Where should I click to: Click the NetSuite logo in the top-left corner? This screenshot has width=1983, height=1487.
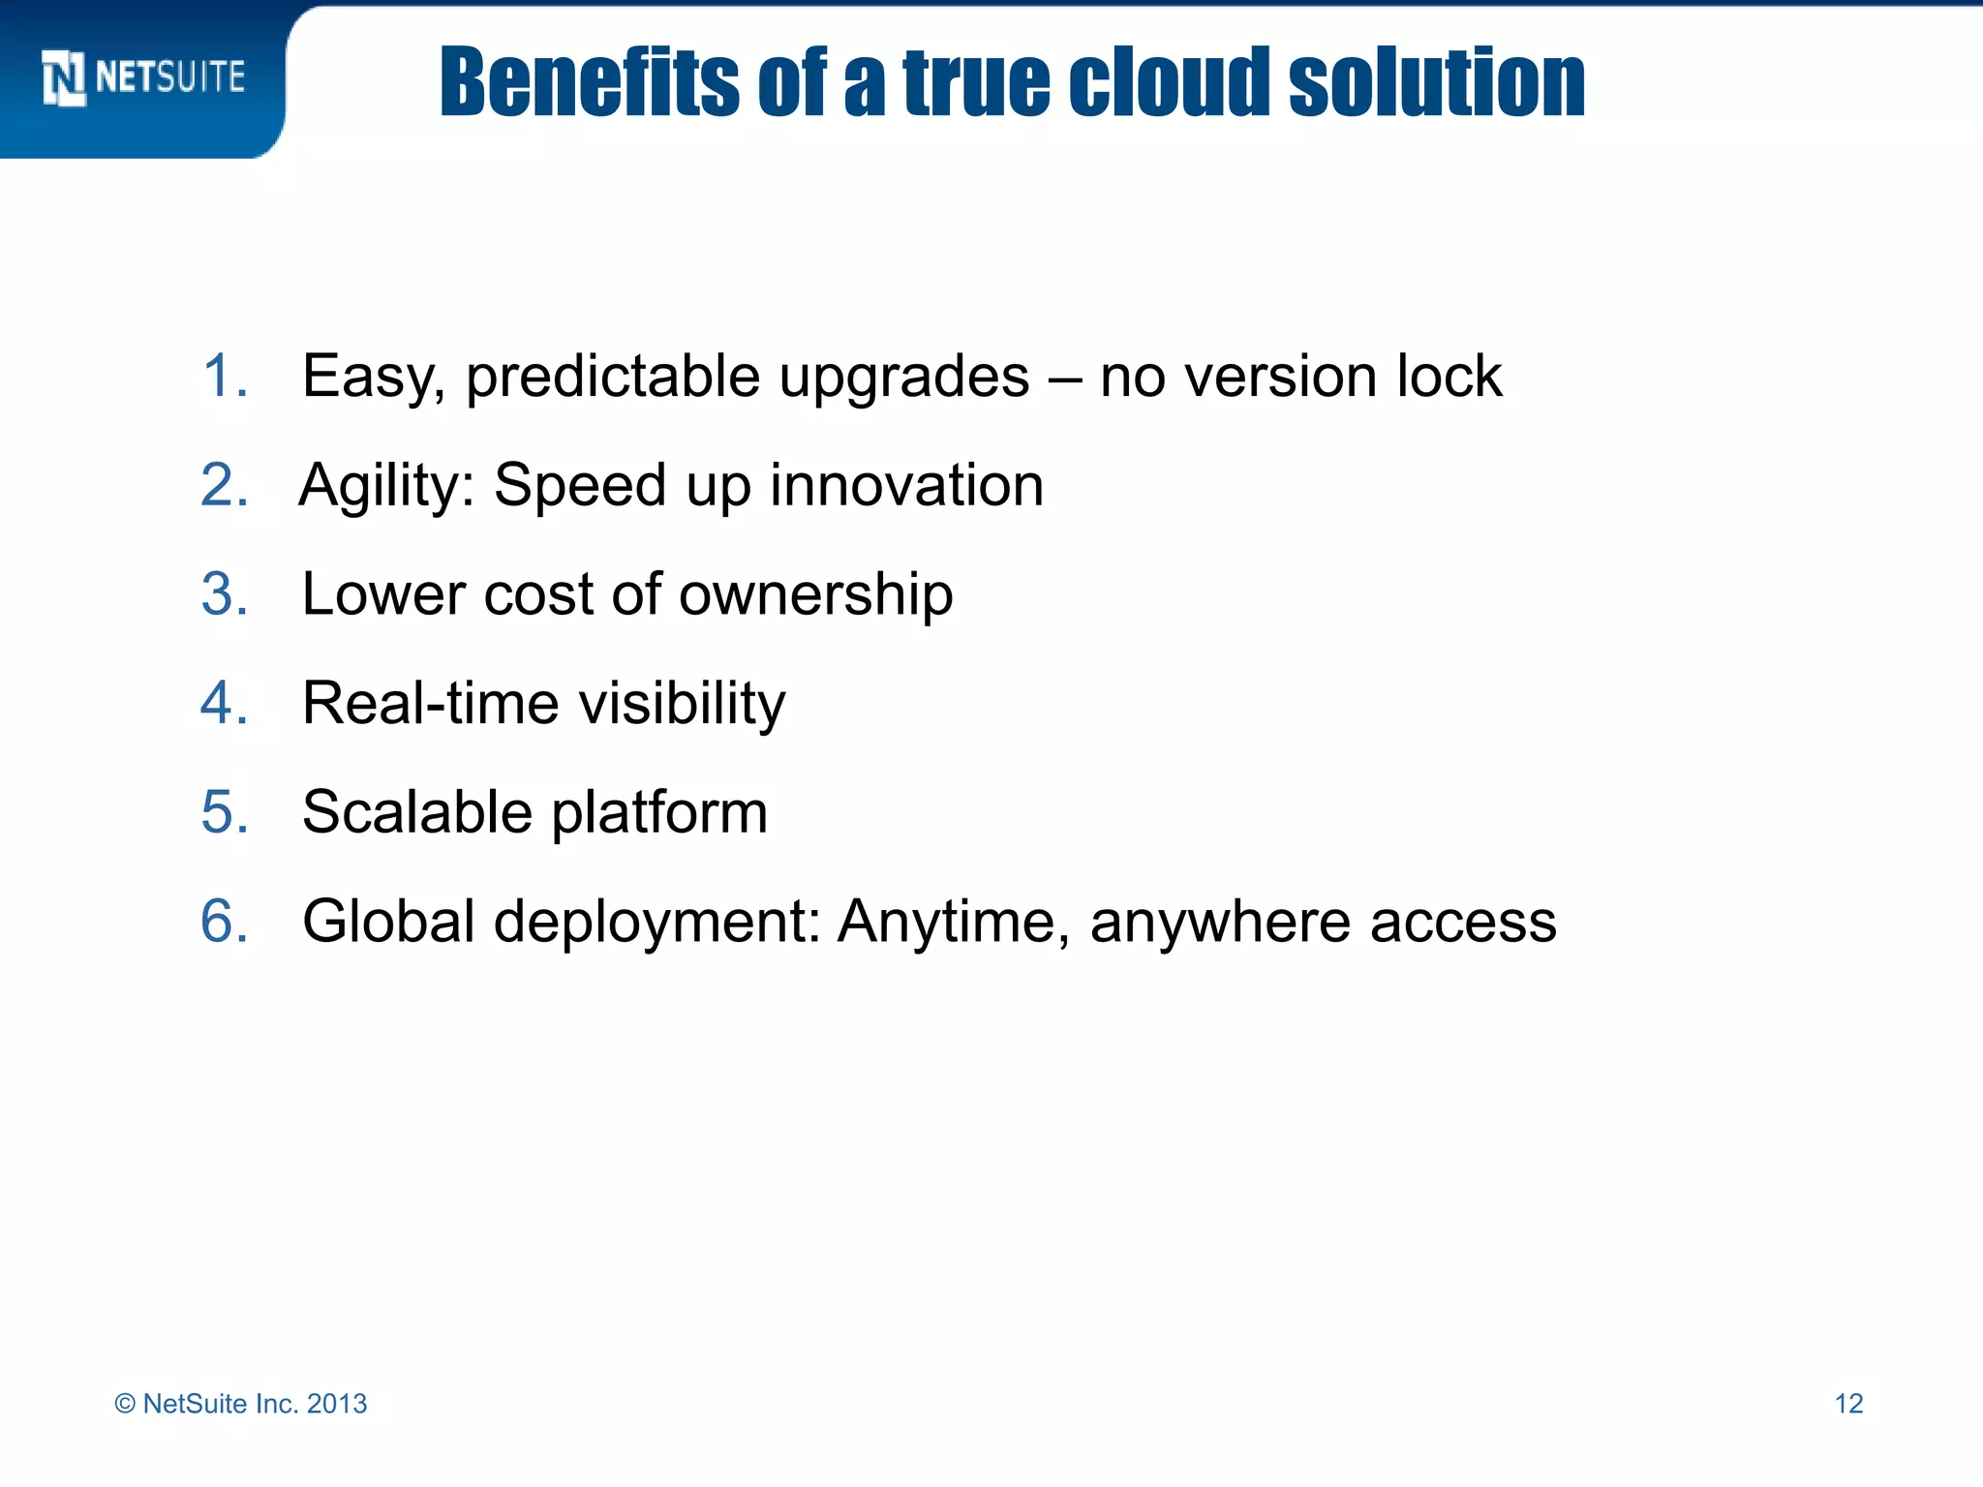click(x=143, y=77)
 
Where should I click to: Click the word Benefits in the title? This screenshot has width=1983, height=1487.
click(x=589, y=83)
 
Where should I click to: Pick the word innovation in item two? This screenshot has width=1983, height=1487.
click(x=906, y=485)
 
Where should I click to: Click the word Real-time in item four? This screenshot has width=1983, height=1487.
click(x=430, y=703)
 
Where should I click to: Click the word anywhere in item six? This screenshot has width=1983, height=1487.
click(x=1220, y=923)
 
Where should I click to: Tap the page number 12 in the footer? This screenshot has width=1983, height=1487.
click(x=1848, y=1404)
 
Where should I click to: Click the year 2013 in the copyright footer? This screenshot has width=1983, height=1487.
click(x=337, y=1404)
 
